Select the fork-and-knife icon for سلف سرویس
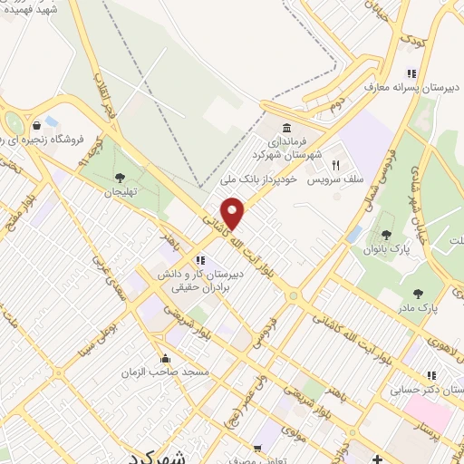tap(335, 166)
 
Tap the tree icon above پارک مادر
tap(418, 293)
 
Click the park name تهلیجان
tap(119, 192)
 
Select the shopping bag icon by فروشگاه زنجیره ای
tap(35, 124)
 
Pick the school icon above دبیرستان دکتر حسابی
tap(432, 374)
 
